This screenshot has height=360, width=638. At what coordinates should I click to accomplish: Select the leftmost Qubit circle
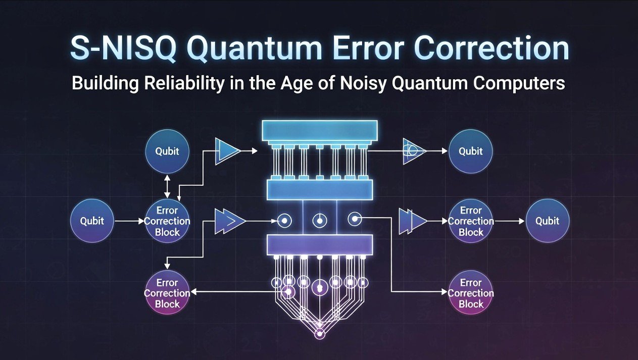pyautogui.click(x=92, y=221)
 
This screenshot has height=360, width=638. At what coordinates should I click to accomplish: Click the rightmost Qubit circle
pyautogui.click(x=548, y=221)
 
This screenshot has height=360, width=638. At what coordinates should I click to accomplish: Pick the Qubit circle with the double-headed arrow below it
pyautogui.click(x=167, y=151)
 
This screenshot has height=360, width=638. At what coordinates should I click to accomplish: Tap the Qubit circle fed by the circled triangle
pyautogui.click(x=470, y=151)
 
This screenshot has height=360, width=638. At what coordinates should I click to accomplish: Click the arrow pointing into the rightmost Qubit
pyautogui.click(x=510, y=221)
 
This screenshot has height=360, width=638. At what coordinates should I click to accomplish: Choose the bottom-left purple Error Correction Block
pyautogui.click(x=167, y=293)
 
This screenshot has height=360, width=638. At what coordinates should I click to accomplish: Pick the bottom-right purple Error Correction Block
pyautogui.click(x=470, y=293)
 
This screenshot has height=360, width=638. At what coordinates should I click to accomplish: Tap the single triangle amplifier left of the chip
pyautogui.click(x=228, y=151)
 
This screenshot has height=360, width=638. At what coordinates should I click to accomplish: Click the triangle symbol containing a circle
pyautogui.click(x=414, y=151)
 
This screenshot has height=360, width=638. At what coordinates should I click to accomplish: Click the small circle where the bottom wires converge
pyautogui.click(x=319, y=334)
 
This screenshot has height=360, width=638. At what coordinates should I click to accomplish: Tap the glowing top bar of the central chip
pyautogui.click(x=318, y=131)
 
